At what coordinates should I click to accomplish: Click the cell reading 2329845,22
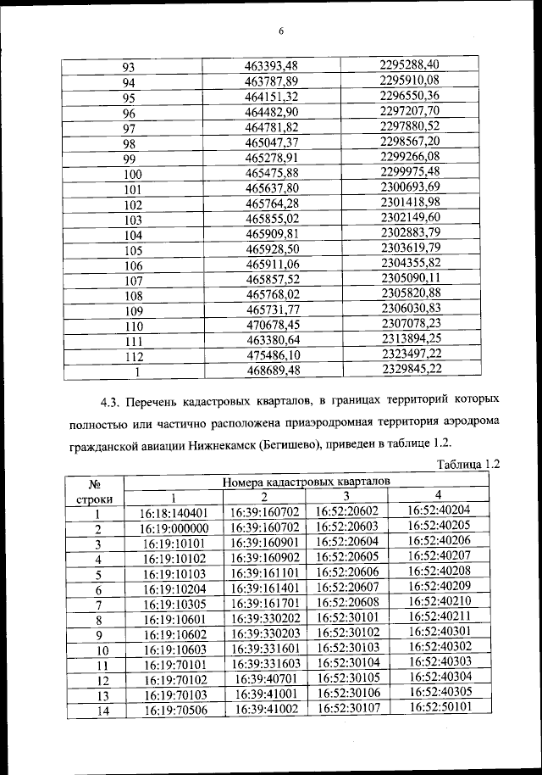pyautogui.click(x=411, y=369)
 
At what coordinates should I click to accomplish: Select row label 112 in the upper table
pyautogui.click(x=133, y=356)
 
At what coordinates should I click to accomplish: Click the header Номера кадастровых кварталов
pyautogui.click(x=307, y=482)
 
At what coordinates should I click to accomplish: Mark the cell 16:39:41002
pyautogui.click(x=266, y=711)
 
